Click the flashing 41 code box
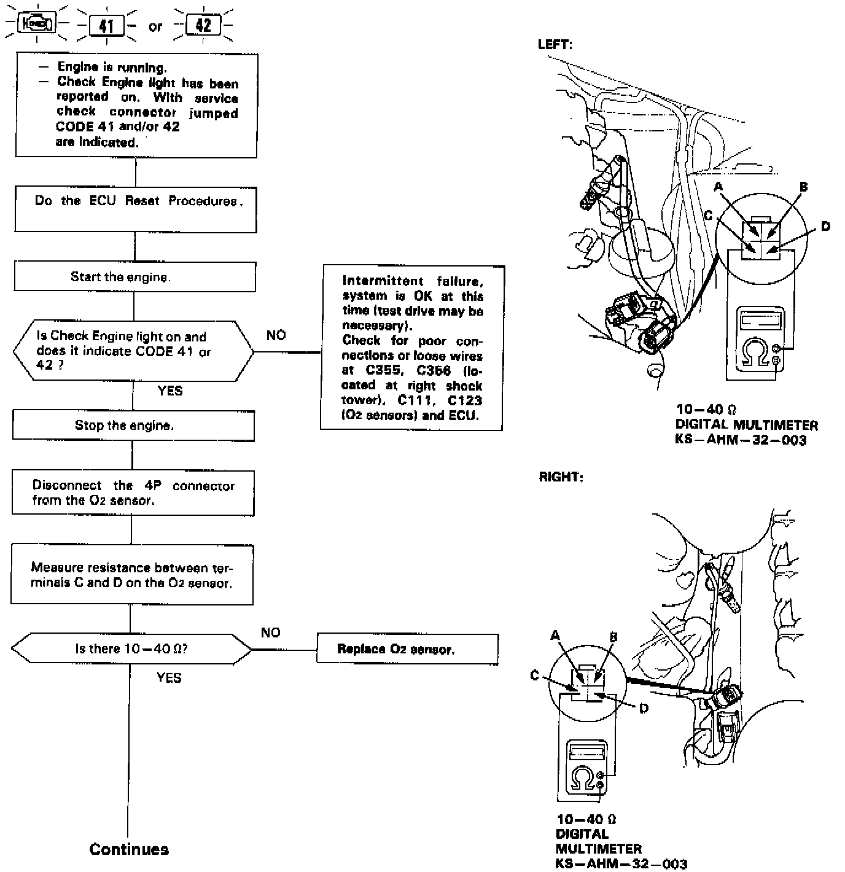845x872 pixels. pyautogui.click(x=107, y=26)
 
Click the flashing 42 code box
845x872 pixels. pyautogui.click(x=203, y=25)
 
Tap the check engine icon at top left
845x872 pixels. pyautogui.click(x=37, y=24)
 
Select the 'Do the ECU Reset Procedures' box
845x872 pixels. pyautogui.click(x=136, y=209)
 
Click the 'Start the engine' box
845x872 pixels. pyautogui.click(x=134, y=277)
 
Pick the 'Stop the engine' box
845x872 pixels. pyautogui.click(x=133, y=426)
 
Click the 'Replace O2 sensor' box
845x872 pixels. pyautogui.click(x=407, y=649)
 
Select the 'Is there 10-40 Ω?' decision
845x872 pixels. pyautogui.click(x=131, y=649)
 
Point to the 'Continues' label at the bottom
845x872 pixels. pyautogui.click(x=129, y=849)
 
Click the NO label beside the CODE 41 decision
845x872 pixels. pyautogui.click(x=276, y=335)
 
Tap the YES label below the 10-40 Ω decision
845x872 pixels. pyautogui.click(x=169, y=678)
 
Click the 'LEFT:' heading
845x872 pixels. pyautogui.click(x=555, y=45)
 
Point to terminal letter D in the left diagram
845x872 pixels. pyautogui.click(x=825, y=227)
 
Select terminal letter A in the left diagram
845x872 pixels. pyautogui.click(x=718, y=187)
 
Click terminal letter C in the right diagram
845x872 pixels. pyautogui.click(x=534, y=675)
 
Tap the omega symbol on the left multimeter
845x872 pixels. pyautogui.click(x=755, y=352)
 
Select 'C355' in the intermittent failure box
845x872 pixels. pyautogui.click(x=382, y=371)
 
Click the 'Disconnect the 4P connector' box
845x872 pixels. pyautogui.click(x=133, y=493)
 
